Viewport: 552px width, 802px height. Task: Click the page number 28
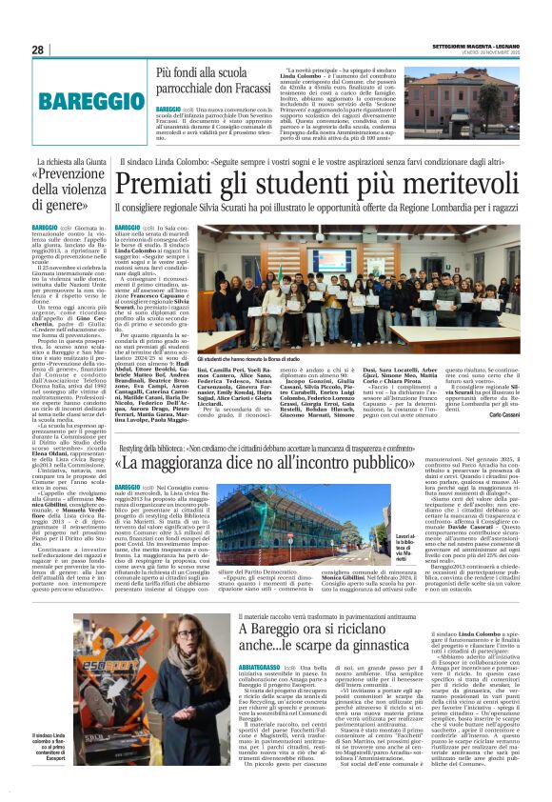[37, 50]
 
